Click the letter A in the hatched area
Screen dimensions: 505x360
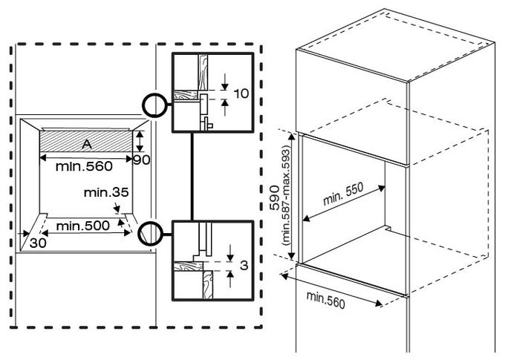87,145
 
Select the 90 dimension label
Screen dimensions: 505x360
142,160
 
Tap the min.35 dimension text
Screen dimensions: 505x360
106,192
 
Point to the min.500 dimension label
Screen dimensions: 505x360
82,226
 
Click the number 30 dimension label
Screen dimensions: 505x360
38,243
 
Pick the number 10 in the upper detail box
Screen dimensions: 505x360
241,94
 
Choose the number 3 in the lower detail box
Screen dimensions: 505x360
244,266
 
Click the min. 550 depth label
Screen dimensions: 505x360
343,194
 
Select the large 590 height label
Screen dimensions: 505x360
275,197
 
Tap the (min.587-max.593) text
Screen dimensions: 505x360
286,195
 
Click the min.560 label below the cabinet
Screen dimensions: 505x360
325,300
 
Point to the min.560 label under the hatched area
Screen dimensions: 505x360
84,166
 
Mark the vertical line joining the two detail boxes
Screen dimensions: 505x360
192,177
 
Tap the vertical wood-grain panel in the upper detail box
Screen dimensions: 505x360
203,72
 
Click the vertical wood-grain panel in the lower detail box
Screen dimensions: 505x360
208,284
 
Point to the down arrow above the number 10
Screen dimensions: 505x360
225,82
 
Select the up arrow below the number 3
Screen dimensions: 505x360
230,279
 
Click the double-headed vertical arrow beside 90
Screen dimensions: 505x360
139,141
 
